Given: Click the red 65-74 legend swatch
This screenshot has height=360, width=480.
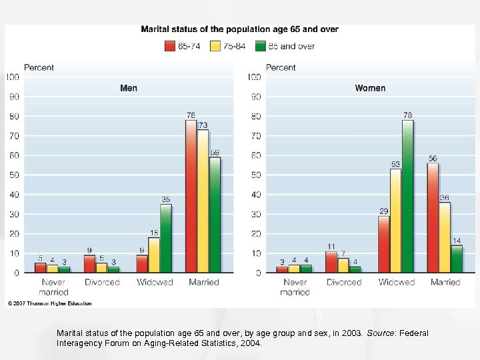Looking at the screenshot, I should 169,47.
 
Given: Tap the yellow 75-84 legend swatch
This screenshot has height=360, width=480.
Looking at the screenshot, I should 215,47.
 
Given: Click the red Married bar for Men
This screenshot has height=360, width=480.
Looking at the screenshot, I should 191,196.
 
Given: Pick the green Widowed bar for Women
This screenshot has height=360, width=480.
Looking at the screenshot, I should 407,196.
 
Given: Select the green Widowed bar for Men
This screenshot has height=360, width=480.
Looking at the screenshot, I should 165,238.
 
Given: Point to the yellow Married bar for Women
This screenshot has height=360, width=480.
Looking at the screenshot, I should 445,237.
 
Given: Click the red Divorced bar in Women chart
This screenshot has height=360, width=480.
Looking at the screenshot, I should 331,262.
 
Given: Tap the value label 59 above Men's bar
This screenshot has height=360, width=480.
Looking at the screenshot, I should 215,153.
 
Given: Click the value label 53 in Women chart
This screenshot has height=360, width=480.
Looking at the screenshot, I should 395,164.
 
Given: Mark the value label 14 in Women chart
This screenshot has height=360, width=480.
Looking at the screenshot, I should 457,241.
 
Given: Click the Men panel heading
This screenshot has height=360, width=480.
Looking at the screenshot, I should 129,88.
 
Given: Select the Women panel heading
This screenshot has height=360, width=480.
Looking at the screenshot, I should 370,88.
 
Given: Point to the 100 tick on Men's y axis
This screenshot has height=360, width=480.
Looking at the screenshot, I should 13,77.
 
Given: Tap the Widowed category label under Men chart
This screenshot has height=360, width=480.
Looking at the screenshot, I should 154,283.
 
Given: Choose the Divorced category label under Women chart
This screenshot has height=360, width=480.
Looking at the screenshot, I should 344,283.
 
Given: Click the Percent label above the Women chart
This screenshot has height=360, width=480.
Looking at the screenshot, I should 281,67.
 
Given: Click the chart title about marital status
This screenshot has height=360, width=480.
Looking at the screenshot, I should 239,29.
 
